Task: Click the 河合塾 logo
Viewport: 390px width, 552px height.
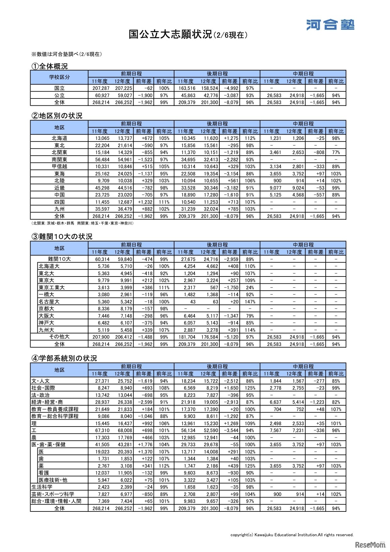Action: (330, 25)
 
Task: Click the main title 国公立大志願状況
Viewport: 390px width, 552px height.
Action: (170, 34)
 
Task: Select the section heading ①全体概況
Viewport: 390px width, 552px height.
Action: (49, 66)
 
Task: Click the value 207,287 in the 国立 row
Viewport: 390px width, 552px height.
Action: (101, 88)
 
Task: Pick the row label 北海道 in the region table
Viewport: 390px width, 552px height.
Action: (59, 138)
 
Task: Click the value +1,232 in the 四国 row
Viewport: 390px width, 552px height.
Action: (145, 202)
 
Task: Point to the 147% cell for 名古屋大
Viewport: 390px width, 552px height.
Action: (250, 302)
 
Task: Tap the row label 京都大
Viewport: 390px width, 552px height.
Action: (47, 309)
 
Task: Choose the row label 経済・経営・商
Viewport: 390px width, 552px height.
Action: (47, 402)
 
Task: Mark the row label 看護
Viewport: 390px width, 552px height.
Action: (44, 473)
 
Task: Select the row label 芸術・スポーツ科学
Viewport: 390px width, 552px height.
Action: (53, 494)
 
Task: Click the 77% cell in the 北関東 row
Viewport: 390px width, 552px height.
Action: (336, 152)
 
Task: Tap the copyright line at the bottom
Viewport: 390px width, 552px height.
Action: (292, 535)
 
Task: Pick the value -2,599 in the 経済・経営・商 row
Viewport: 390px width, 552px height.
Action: (145, 402)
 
